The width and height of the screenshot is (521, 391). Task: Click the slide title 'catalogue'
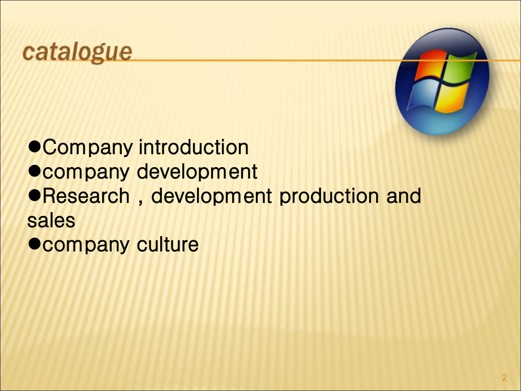pyautogui.click(x=78, y=53)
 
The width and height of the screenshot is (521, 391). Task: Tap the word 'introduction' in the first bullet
pyautogui.click(x=194, y=147)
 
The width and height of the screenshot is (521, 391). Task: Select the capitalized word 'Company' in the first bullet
pyautogui.click(x=88, y=147)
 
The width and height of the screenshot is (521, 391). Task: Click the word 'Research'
pyautogui.click(x=86, y=196)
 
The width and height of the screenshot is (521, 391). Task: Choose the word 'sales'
pyautogui.click(x=51, y=220)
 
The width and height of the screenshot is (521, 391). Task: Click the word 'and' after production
pyautogui.click(x=403, y=196)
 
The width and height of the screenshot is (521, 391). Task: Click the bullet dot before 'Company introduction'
pyautogui.click(x=35, y=147)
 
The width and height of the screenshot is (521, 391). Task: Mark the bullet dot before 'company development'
pyautogui.click(x=35, y=171)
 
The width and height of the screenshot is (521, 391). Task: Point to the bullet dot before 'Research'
pyautogui.click(x=35, y=195)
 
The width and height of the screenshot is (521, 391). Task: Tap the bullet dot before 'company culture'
pyautogui.click(x=35, y=244)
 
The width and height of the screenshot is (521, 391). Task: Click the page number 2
pyautogui.click(x=504, y=378)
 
